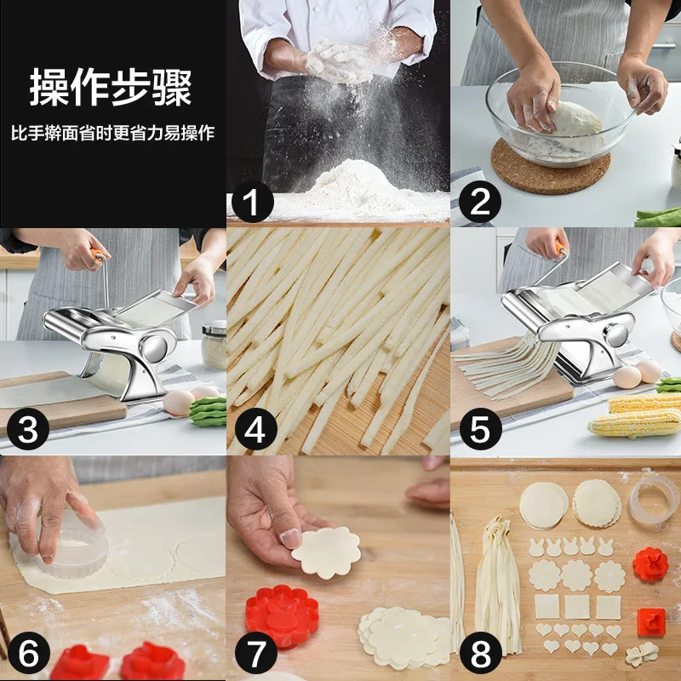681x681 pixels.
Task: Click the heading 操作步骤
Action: pos(111,87)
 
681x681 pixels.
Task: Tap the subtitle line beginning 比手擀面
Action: pos(113,133)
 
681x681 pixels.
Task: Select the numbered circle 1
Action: pos(252,202)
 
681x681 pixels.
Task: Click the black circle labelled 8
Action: pos(480,653)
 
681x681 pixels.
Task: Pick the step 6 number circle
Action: pos(29,653)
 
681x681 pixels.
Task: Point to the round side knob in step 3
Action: pos(154,348)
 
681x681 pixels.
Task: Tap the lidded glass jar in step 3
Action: pos(215,345)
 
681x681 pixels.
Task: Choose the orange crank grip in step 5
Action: pos(560,249)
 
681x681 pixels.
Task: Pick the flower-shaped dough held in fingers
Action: pos(326,552)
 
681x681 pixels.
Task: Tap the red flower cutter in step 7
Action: pos(283,615)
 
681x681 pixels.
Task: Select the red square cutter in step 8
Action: pos(651,622)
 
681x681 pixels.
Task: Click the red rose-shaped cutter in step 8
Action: pos(650,564)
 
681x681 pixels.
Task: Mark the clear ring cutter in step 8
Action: pos(655,500)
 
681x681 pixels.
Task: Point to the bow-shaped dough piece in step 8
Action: pos(642,653)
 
